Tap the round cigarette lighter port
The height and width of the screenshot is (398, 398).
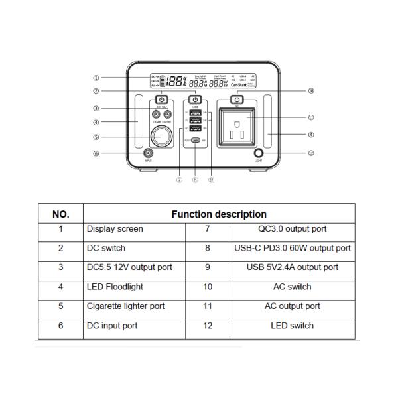[161, 138]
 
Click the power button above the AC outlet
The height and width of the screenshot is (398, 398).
[237, 99]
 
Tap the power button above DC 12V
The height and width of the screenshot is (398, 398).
[161, 99]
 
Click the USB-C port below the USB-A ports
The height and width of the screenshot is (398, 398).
[196, 141]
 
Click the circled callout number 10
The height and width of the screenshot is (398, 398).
[311, 91]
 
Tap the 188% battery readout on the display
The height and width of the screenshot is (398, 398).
[175, 81]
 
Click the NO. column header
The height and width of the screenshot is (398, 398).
[60, 214]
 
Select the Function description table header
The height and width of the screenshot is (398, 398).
[219, 214]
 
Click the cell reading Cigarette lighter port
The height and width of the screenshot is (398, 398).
[125, 306]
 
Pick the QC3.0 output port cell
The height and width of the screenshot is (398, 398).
[292, 229]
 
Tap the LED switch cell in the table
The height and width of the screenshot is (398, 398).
[292, 326]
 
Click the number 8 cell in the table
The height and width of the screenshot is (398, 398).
[208, 248]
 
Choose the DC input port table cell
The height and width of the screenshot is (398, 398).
[112, 326]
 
